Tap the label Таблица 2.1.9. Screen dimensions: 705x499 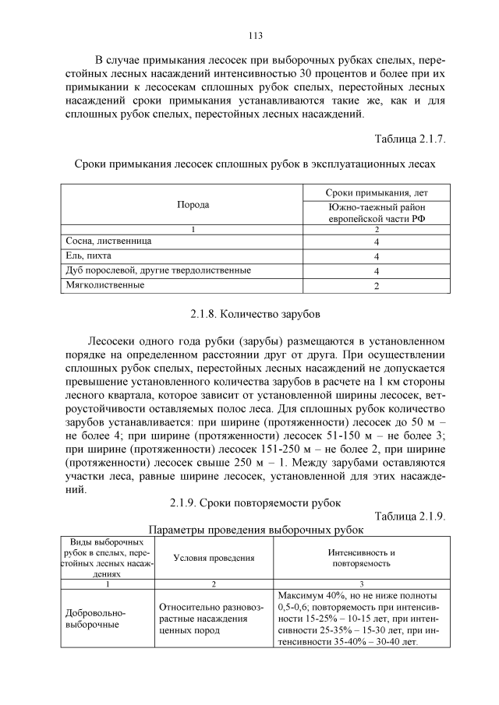point(410,516)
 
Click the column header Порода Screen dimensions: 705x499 point(193,205)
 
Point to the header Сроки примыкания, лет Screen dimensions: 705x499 point(376,192)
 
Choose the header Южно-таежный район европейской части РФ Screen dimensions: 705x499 point(376,213)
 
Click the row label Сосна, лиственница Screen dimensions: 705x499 point(108,241)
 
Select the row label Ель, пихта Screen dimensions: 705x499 point(87,256)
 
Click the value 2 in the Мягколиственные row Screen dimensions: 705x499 point(376,286)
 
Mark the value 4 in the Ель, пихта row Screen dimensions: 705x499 point(376,256)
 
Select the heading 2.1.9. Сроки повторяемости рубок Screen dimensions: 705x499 point(255,502)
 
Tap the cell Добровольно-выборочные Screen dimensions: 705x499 point(95,619)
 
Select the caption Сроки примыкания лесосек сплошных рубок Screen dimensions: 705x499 point(255,164)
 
